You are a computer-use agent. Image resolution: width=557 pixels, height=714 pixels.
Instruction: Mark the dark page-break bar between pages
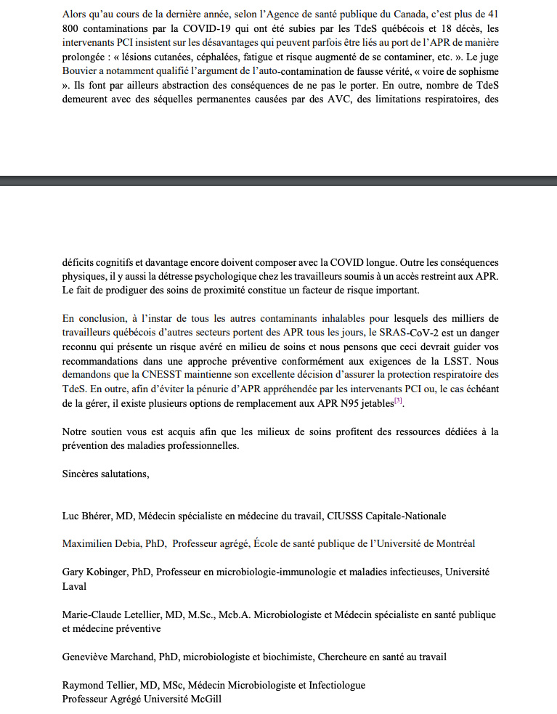pyautogui.click(x=278, y=181)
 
